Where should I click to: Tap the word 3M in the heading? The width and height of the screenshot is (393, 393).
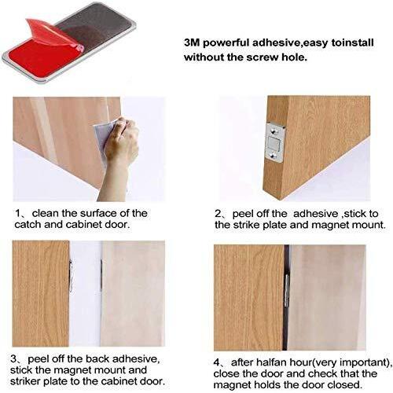point(192,42)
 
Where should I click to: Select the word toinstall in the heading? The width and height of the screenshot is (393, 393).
point(352,42)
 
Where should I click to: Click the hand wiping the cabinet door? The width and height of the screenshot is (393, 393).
point(119,155)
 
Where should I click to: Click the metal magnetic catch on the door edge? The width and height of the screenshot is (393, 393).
point(274,142)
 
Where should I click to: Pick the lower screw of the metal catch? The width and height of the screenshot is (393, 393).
point(274,156)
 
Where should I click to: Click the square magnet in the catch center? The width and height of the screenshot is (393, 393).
point(274,143)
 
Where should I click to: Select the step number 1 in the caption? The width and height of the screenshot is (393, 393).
point(18,213)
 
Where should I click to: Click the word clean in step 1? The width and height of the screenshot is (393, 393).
point(46,213)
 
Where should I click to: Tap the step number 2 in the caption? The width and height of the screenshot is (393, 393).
point(218,214)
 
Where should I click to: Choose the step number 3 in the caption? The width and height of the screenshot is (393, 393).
point(13,358)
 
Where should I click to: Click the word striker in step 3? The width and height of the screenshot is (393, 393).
point(25,381)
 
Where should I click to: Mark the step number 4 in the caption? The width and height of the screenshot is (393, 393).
point(217,362)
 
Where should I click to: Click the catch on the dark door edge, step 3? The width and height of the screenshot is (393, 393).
point(71,276)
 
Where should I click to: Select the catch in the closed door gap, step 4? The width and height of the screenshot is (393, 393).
point(287,291)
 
